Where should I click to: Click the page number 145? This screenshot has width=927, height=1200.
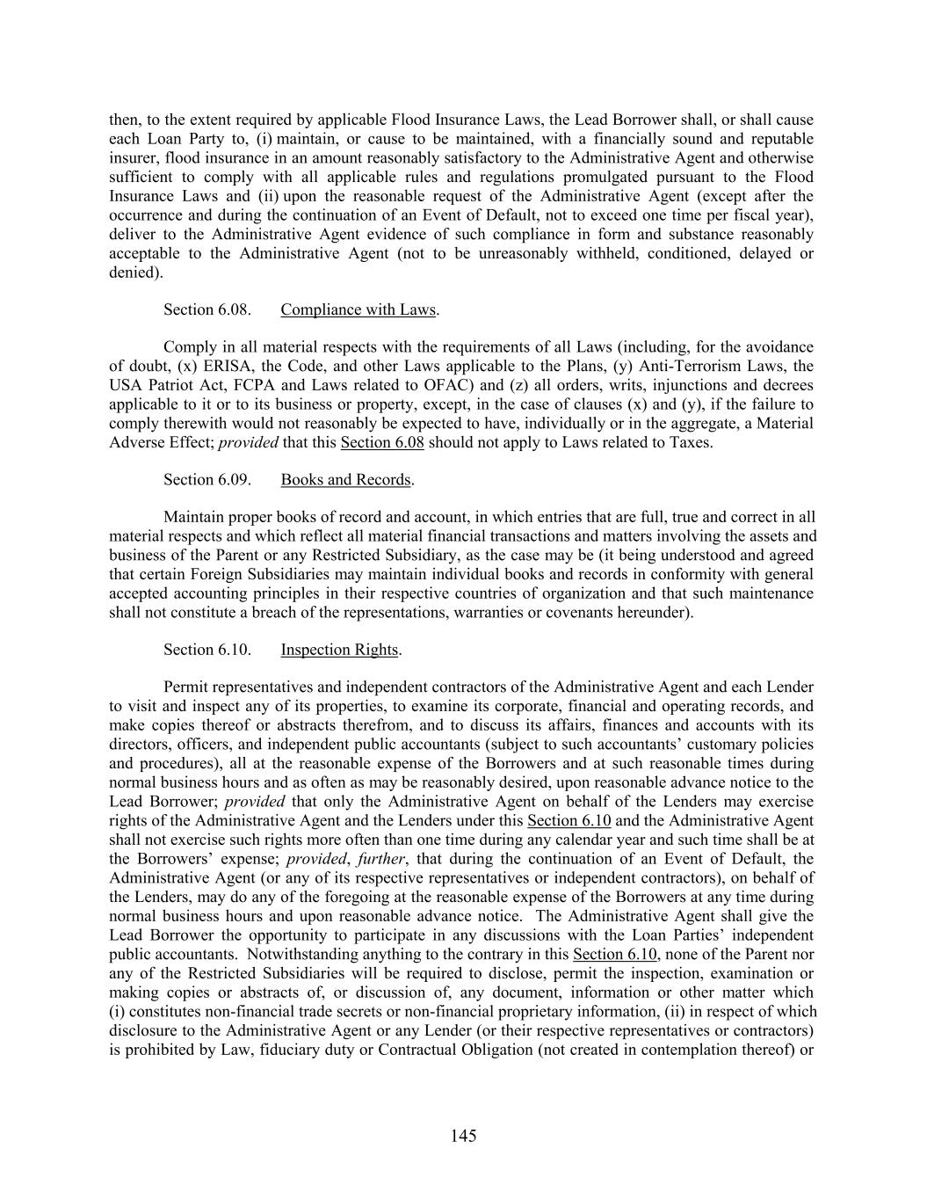[x=463, y=1136]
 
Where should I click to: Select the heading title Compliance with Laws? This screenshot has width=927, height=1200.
[x=358, y=309]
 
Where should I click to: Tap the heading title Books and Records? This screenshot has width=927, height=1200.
[x=345, y=479]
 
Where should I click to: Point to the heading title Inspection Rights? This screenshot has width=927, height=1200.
[x=339, y=650]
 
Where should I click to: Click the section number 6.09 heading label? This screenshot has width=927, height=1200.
[x=207, y=479]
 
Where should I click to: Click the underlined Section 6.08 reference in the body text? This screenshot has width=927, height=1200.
[x=382, y=442]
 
